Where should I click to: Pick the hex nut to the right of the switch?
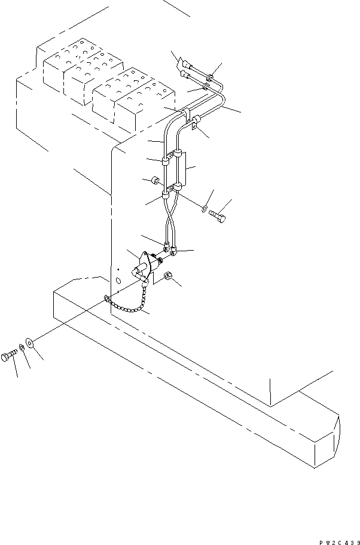point(169,276)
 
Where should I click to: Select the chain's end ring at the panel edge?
point(106,297)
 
